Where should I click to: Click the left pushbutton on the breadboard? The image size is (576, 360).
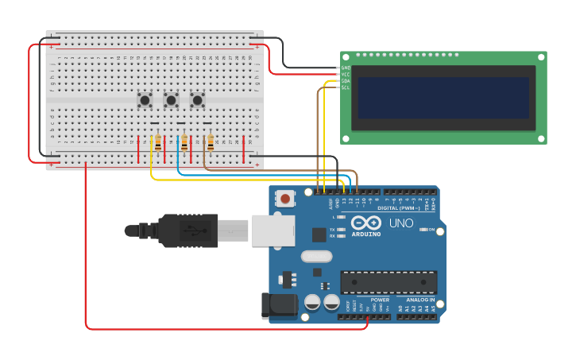[145, 100]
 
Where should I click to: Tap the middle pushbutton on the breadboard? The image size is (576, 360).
[171, 100]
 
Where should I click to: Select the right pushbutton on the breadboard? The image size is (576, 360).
[197, 100]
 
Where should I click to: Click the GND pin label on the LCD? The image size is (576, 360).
[346, 68]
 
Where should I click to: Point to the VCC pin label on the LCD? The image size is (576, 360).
[346, 74]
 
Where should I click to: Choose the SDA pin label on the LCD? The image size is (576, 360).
[346, 80]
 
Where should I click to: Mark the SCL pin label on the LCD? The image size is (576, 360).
[346, 87]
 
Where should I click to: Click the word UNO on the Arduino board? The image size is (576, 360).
[401, 223]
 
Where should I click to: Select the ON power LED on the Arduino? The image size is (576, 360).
[423, 230]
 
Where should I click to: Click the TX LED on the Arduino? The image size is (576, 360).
[340, 230]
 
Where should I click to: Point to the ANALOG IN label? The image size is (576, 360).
[421, 300]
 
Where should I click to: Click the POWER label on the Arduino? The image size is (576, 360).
[380, 300]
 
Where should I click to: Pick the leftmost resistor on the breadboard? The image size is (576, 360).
[158, 142]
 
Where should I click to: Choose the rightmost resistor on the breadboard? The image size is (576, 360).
[211, 142]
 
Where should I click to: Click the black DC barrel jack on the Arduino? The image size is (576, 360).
[278, 307]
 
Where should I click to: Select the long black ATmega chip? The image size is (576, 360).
[389, 282]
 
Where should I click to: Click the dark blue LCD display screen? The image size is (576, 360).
[443, 98]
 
